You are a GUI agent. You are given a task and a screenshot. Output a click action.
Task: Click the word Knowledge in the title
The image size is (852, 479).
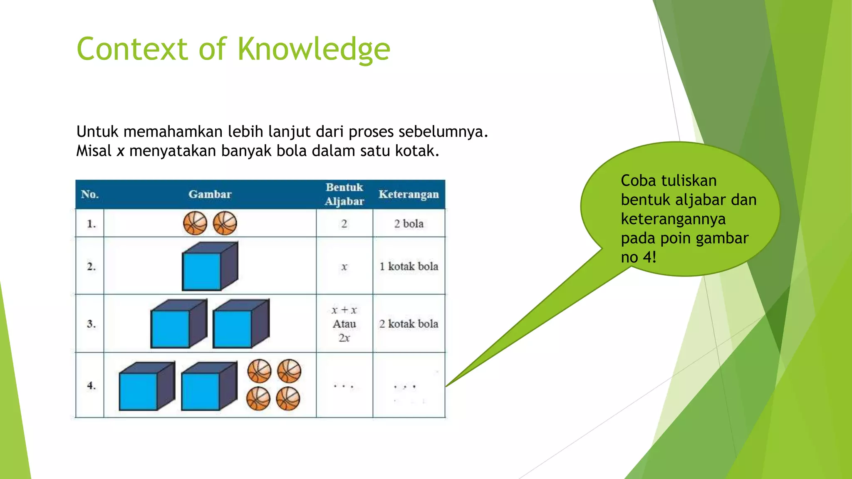314,49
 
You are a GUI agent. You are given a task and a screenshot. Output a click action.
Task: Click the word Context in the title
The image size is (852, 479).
132,49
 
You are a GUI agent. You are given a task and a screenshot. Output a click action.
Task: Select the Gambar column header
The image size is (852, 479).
210,194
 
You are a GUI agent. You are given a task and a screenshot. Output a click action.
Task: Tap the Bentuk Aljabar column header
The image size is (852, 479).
344,194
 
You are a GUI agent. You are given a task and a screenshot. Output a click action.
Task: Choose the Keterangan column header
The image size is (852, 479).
409,194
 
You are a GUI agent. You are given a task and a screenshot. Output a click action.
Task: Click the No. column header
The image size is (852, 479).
90,194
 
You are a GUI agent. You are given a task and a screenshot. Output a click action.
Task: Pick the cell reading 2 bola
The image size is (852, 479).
409,224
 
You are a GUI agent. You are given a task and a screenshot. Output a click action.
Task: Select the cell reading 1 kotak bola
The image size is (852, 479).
409,266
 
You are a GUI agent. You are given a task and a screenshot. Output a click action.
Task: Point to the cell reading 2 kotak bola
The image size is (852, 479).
409,323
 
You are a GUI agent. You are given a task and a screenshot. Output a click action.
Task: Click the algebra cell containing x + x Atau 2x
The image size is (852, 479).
344,323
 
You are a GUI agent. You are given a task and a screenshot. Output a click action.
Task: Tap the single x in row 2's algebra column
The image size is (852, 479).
344,267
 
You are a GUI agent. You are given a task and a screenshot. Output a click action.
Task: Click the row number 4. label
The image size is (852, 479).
91,385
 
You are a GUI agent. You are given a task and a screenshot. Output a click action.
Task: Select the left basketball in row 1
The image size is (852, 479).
195,223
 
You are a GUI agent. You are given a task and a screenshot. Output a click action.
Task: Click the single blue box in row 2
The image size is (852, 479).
209,267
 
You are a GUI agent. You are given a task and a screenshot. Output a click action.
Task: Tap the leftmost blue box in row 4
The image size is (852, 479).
146,387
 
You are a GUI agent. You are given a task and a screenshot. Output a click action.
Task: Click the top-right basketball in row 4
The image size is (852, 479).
289,371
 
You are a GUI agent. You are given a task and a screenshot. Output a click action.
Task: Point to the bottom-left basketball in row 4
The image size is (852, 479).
258,399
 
